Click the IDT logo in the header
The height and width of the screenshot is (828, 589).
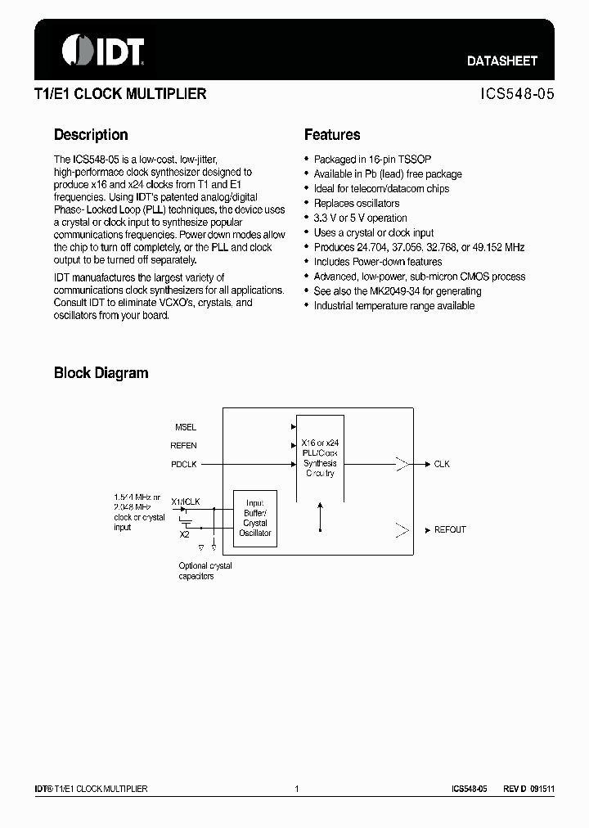tap(103, 51)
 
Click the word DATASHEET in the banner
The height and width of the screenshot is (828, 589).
tap(501, 61)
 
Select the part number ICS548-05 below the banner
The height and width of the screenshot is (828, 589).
tap(517, 94)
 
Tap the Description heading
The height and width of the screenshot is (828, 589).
tap(91, 135)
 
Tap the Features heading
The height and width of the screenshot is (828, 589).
tap(332, 135)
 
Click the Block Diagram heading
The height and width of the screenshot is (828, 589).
tap(101, 373)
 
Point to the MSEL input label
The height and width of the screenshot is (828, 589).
tap(186, 427)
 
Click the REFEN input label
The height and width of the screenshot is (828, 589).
tap(183, 446)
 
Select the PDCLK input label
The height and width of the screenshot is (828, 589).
tap(184, 465)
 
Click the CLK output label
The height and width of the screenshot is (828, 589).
tap(442, 465)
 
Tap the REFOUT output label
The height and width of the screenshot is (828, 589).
tap(450, 530)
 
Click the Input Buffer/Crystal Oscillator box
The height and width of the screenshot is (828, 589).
tap(255, 519)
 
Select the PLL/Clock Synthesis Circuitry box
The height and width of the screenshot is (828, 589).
tap(320, 458)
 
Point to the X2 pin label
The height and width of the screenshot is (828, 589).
tap(185, 534)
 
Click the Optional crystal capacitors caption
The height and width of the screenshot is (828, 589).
tap(205, 571)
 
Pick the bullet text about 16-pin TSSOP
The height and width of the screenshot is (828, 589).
tap(362, 160)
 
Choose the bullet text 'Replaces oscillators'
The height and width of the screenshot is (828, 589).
tap(357, 204)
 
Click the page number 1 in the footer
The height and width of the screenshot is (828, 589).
tap(297, 789)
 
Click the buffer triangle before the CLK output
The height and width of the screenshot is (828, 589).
tap(402, 465)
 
